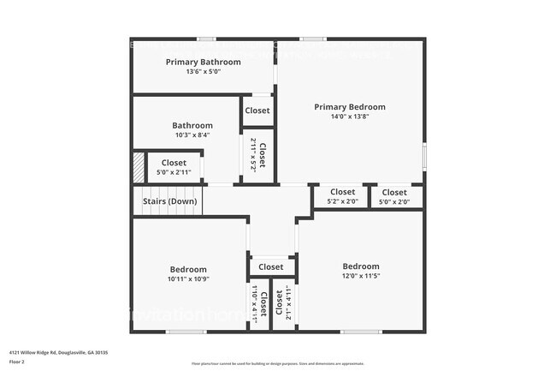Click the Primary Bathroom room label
point(203,62)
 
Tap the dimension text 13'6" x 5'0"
point(203,72)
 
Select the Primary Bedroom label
point(349,107)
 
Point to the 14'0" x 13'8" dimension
point(349,117)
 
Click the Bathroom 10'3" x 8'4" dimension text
point(192,135)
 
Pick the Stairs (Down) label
point(169,201)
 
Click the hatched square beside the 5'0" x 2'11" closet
point(138,167)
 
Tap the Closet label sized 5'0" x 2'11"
point(174,163)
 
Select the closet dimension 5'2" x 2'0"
point(342,202)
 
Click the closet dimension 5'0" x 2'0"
point(394,202)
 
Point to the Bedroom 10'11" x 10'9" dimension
point(187,278)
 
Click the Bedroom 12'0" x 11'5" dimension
point(360,276)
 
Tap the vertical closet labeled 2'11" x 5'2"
point(253,155)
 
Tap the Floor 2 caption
point(18,362)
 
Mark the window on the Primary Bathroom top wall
point(205,39)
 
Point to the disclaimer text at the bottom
point(277,364)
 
